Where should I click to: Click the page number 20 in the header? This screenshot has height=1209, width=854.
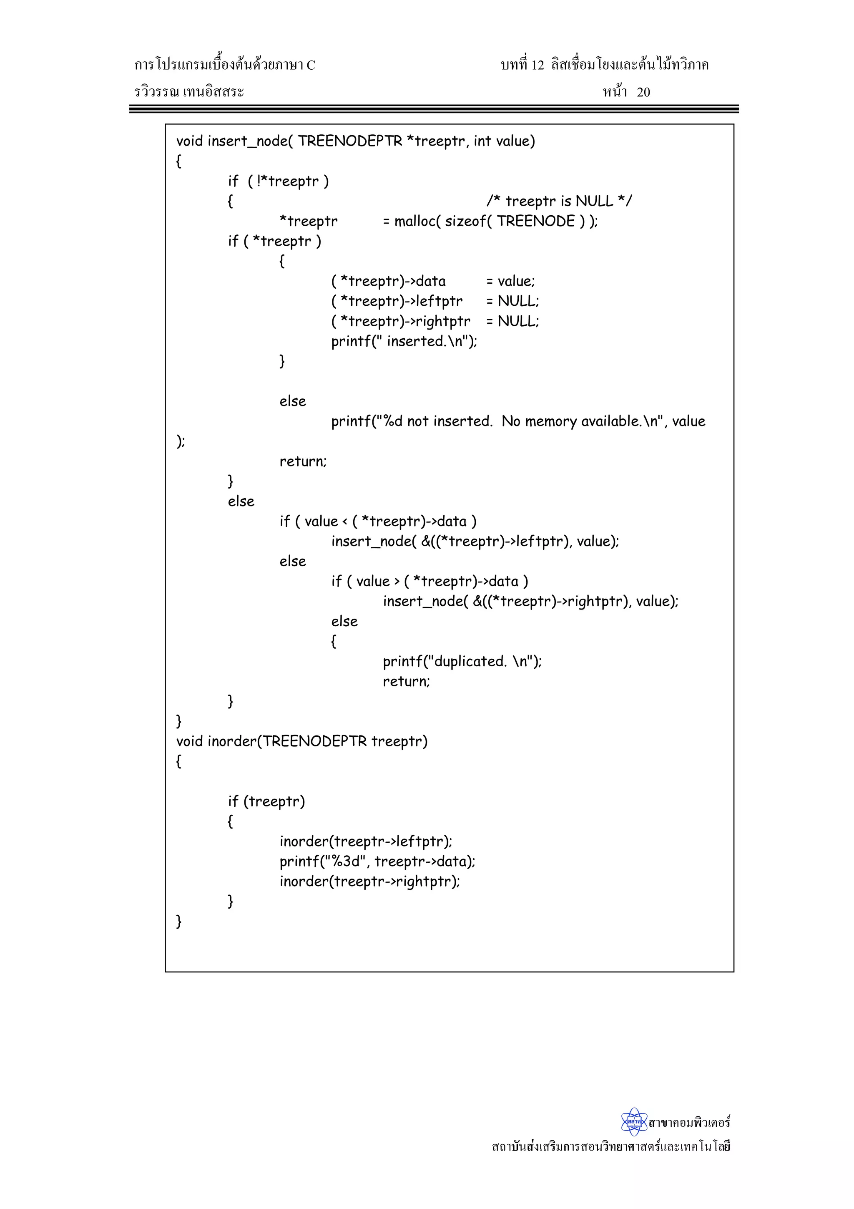[643, 92]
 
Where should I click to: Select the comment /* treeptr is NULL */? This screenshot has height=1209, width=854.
[559, 201]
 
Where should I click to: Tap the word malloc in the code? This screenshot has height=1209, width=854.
[414, 221]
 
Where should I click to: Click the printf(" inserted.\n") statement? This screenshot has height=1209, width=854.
[404, 341]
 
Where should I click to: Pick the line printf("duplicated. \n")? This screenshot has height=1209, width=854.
[462, 661]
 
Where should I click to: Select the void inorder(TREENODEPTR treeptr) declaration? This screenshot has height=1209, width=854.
[301, 741]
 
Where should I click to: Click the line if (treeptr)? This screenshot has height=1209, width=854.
[266, 801]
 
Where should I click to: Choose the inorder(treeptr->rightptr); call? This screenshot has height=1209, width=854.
[369, 882]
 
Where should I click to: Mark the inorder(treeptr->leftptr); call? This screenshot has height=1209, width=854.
[366, 841]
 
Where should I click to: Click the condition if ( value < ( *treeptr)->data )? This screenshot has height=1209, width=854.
[378, 521]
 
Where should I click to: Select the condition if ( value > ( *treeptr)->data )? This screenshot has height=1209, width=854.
[430, 581]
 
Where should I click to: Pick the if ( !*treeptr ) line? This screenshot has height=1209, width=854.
[278, 181]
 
